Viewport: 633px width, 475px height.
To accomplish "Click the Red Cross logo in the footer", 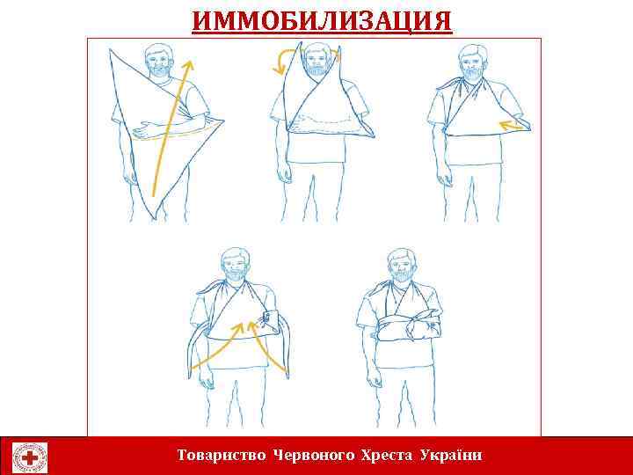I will tap(31, 457).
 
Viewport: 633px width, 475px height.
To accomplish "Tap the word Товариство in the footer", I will tap(223, 455).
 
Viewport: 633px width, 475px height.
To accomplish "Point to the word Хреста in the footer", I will tap(387, 455).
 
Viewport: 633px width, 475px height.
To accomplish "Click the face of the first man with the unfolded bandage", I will tap(159, 64).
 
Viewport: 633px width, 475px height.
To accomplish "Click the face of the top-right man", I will tap(474, 64).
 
